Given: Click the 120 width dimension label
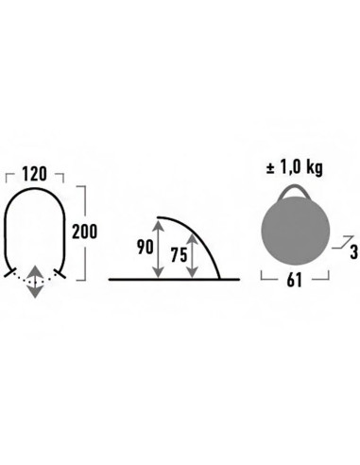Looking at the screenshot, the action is coord(34,174).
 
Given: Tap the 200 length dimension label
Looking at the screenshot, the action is coord(85,232).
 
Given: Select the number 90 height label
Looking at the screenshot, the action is coord(146,247).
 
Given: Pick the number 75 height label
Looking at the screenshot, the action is coord(179,254).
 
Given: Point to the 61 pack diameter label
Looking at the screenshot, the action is coord(295,280).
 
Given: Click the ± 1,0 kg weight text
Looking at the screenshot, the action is coord(295,168).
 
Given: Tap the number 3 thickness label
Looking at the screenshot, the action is coord(354,252).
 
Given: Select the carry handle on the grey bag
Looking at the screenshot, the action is coord(294,192).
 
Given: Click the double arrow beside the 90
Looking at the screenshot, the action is coord(158,250).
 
